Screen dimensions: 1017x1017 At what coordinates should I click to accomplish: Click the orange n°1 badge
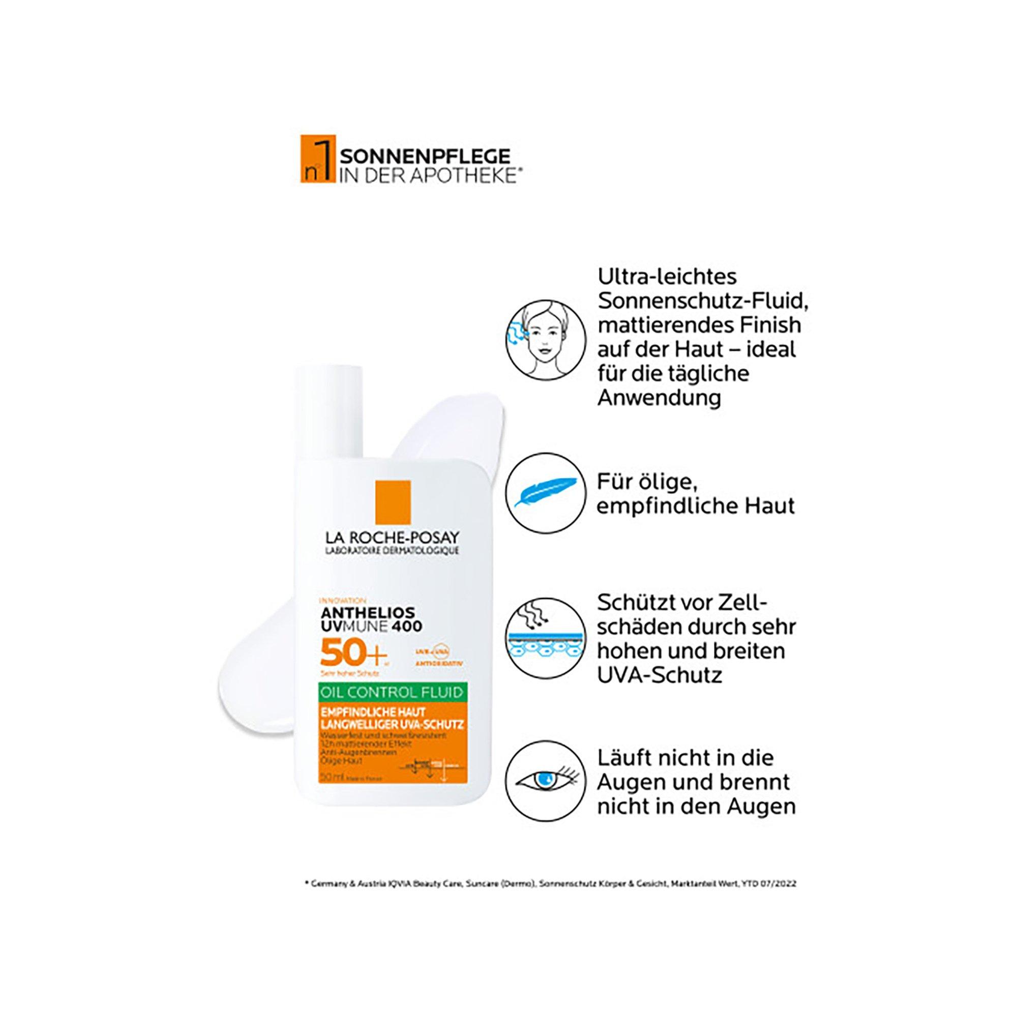click(x=317, y=166)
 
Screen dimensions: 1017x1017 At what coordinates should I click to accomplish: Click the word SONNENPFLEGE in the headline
click(x=425, y=156)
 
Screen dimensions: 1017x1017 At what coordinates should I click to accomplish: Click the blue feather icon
click(x=545, y=492)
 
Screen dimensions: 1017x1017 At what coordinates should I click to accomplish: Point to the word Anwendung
click(x=659, y=398)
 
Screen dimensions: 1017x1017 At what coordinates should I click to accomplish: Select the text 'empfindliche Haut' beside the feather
click(x=695, y=506)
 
